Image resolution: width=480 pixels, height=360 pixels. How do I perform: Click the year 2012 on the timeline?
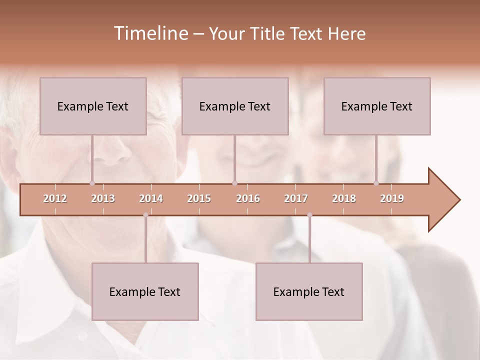(55, 198)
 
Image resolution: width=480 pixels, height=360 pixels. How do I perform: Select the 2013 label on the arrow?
(103, 198)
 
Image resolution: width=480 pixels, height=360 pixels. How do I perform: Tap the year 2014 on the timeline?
(151, 198)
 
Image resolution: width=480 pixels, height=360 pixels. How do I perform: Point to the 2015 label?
(199, 198)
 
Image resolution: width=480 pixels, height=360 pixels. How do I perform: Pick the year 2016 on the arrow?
(248, 198)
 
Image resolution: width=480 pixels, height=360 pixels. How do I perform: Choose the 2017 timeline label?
(296, 198)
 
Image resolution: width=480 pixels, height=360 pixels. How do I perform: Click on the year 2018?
(344, 198)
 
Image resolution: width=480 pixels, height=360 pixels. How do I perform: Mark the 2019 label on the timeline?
(392, 198)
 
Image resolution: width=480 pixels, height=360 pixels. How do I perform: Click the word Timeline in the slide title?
(150, 33)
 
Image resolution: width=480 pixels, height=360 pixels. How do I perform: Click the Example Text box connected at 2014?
(145, 291)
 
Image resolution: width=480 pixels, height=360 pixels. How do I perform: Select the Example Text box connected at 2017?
(309, 291)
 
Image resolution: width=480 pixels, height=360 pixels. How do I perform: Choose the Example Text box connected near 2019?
(377, 106)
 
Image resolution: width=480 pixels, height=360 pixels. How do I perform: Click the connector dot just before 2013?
(92, 183)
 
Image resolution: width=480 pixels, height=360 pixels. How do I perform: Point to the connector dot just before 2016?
(235, 183)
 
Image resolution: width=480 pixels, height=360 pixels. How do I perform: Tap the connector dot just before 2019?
(376, 183)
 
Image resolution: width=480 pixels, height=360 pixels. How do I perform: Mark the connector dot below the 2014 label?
(145, 215)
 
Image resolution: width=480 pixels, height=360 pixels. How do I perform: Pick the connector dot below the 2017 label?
(309, 215)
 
